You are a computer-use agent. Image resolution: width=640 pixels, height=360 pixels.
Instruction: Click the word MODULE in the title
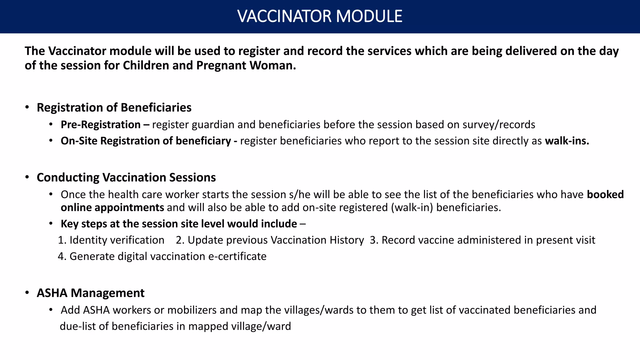pyautogui.click(x=369, y=16)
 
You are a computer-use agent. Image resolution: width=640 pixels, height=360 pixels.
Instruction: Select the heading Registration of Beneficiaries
pyautogui.click(x=114, y=107)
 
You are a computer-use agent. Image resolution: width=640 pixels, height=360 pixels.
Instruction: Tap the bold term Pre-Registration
pyautogui.click(x=101, y=125)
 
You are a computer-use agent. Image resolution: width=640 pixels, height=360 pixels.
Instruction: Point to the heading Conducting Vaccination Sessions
pyautogui.click(x=126, y=177)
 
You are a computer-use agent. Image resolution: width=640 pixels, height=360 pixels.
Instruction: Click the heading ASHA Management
pyautogui.click(x=91, y=293)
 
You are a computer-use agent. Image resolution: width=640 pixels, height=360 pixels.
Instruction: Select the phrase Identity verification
pyautogui.click(x=117, y=240)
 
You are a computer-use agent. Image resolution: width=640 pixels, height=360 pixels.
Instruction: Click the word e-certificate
pyautogui.click(x=237, y=256)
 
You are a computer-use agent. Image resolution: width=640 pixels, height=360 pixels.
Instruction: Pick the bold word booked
pyautogui.click(x=605, y=195)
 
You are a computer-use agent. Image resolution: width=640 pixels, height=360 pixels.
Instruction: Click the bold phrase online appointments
pyautogui.click(x=112, y=207)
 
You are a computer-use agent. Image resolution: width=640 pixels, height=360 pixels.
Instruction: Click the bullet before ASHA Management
pyautogui.click(x=27, y=293)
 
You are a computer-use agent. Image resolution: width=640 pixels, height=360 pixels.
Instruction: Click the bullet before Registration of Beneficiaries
pyautogui.click(x=27, y=107)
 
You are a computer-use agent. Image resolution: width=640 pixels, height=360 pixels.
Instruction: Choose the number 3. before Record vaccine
pyautogui.click(x=374, y=240)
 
